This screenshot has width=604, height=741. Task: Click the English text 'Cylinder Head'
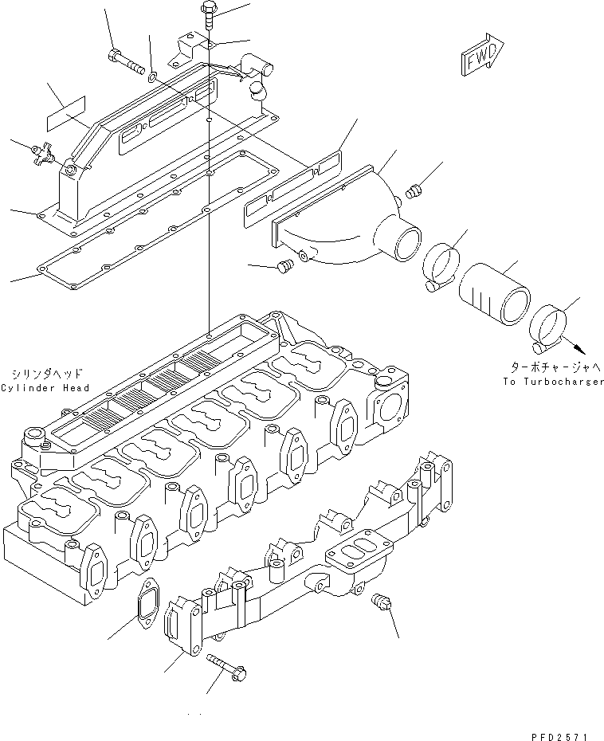coord(45,388)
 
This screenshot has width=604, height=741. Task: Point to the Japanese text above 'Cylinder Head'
coord(45,373)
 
